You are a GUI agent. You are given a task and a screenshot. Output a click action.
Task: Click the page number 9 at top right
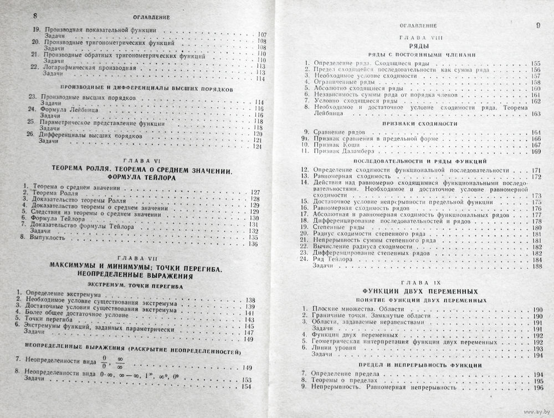537,25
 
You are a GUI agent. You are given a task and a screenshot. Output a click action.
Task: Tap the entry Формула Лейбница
65,109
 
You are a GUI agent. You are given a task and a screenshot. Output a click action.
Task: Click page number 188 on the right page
536,266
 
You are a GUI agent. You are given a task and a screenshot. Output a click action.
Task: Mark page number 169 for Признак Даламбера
536,151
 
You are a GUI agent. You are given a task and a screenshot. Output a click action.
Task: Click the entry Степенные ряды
337,227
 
